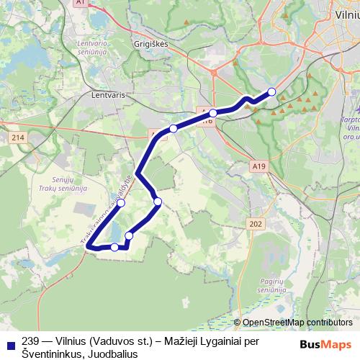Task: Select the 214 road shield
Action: pos(17,137)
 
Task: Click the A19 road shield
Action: pos(260,166)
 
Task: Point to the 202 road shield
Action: pos(256,224)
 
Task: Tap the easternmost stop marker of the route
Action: pos(271,91)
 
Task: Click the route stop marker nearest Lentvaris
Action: pos(173,129)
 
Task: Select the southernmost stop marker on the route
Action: pos(114,247)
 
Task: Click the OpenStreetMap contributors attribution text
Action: pos(297,323)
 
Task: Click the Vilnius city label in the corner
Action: pos(346,13)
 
